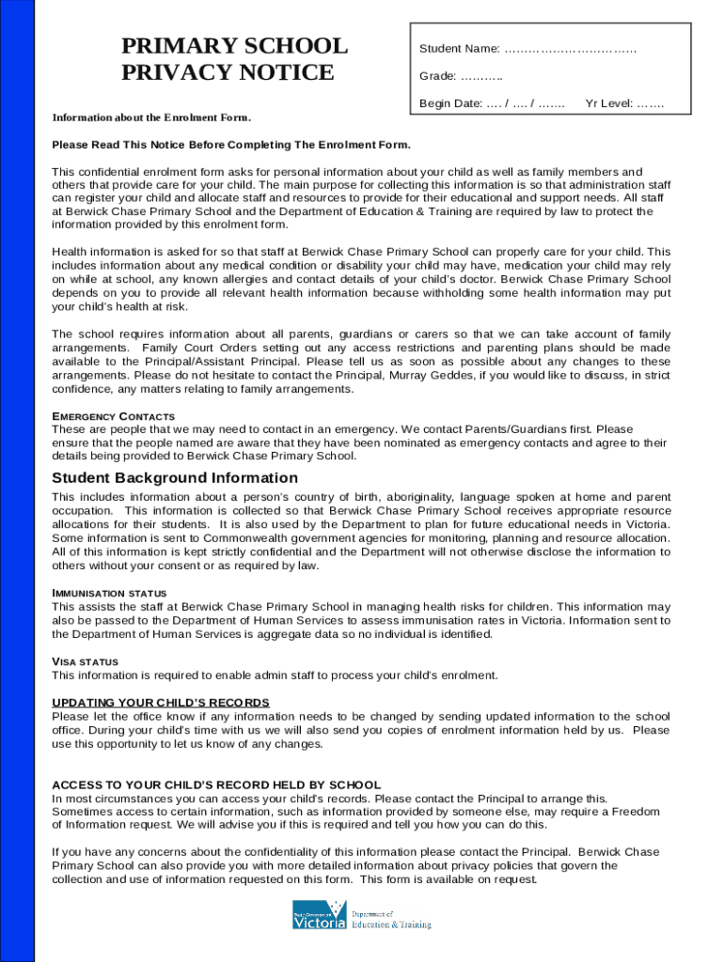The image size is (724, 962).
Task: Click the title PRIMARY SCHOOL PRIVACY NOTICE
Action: tap(234, 59)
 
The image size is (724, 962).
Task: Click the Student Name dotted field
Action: tap(570, 48)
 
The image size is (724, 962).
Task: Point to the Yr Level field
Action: tap(651, 103)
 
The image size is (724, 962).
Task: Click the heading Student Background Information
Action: tap(175, 478)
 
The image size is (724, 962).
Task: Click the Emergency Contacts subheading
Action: tap(113, 416)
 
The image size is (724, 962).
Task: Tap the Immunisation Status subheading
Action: tap(109, 594)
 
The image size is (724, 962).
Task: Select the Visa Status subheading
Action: tap(85, 662)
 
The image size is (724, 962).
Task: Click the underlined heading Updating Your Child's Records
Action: tap(161, 703)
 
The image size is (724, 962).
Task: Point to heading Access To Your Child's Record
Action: tap(216, 784)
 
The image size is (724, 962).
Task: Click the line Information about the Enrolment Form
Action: tap(151, 117)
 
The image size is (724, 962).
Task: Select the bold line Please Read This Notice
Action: tap(231, 146)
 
